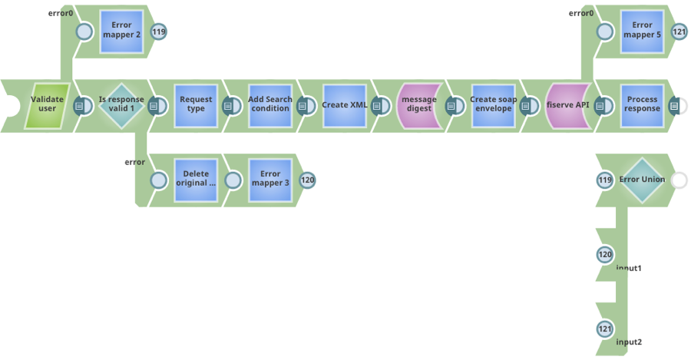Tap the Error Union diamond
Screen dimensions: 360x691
tap(642, 180)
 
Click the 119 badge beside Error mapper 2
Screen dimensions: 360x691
tap(158, 31)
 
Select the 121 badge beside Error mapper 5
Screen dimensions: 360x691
tap(679, 31)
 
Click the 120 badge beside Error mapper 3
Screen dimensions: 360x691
tap(307, 180)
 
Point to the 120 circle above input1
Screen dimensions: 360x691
tap(605, 254)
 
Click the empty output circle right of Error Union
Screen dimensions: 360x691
tap(679, 180)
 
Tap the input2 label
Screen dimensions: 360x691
tap(629, 342)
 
